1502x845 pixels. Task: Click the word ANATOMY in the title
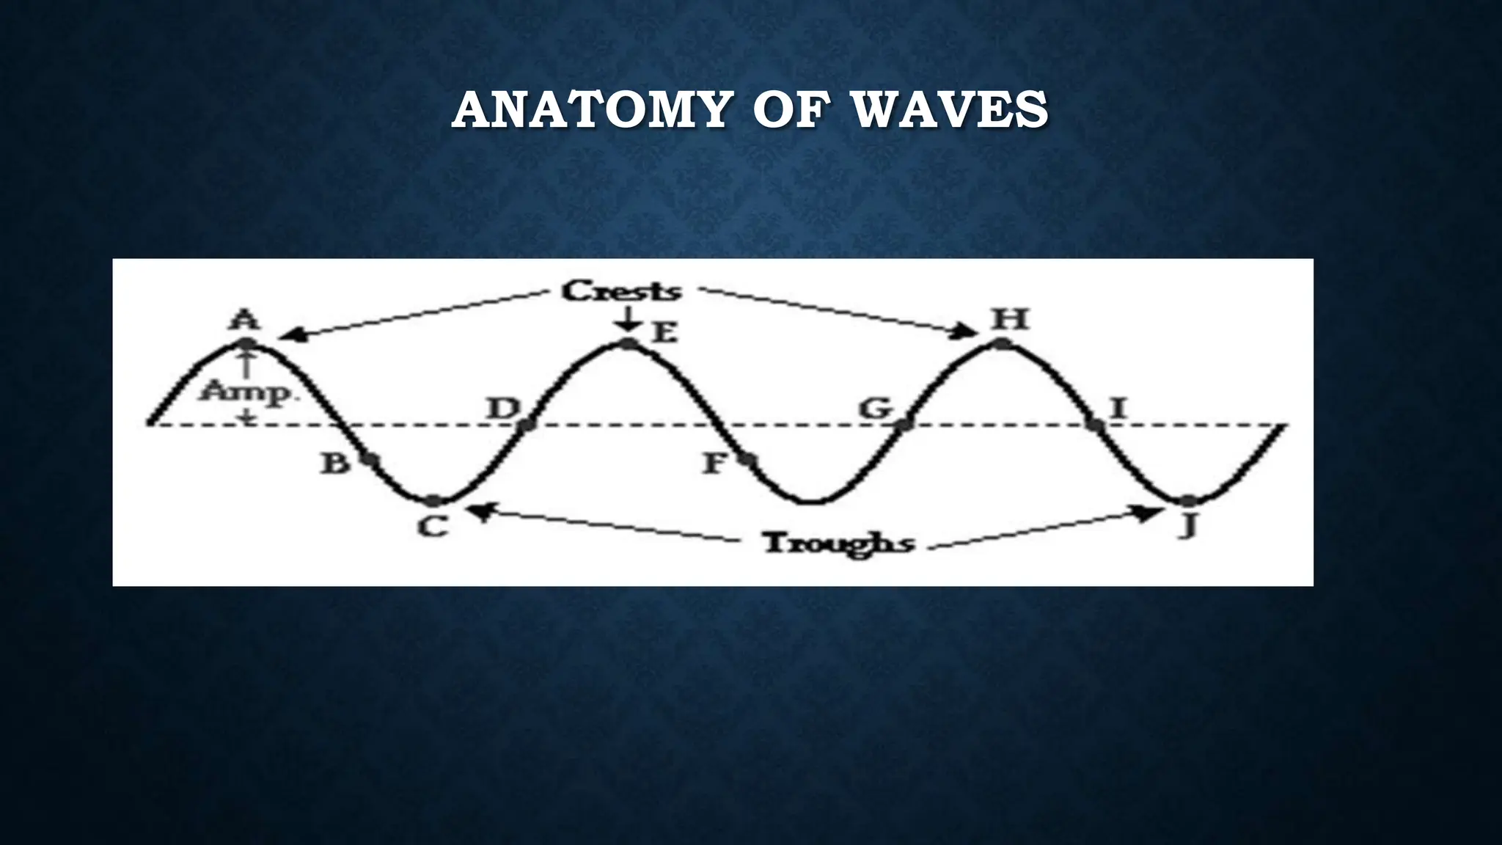click(590, 111)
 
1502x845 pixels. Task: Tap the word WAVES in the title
click(952, 111)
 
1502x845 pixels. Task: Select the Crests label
click(622, 291)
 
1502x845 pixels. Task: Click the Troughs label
click(838, 544)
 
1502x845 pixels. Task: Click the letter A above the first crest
click(245, 321)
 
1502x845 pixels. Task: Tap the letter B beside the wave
click(336, 463)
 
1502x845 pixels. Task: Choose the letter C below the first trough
click(433, 526)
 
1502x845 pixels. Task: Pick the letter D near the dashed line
click(504, 408)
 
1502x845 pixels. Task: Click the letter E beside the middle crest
click(664, 334)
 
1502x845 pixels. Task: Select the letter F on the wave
click(714, 463)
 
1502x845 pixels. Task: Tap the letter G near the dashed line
click(876, 408)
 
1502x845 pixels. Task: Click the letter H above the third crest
click(1010, 320)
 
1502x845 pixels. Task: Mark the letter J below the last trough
click(1188, 526)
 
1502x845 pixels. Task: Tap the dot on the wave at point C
click(433, 501)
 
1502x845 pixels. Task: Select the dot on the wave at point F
click(746, 459)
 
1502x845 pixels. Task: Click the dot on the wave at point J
click(1188, 501)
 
